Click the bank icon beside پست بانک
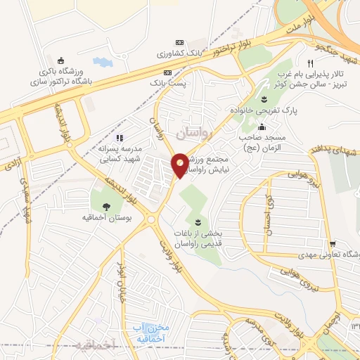coord(167,72)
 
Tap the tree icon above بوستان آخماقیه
coord(106,206)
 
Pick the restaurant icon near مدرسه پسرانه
coord(120,139)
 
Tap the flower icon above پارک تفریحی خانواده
coord(264,98)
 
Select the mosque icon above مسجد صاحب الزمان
coord(262,128)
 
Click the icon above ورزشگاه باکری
coord(60,59)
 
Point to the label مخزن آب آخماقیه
coord(152,332)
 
